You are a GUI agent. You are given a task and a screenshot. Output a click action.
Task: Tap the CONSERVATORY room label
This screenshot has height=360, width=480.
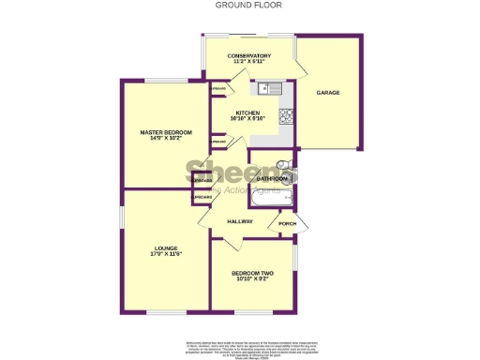click(249, 56)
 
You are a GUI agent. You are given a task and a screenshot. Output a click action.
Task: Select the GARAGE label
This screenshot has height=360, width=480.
click(327, 93)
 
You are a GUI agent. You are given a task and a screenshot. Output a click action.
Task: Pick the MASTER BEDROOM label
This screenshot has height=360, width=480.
click(165, 132)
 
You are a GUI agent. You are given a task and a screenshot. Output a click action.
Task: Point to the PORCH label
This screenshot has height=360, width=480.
click(287, 224)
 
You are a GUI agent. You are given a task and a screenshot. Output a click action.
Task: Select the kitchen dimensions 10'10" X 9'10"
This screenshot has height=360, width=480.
click(248, 119)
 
